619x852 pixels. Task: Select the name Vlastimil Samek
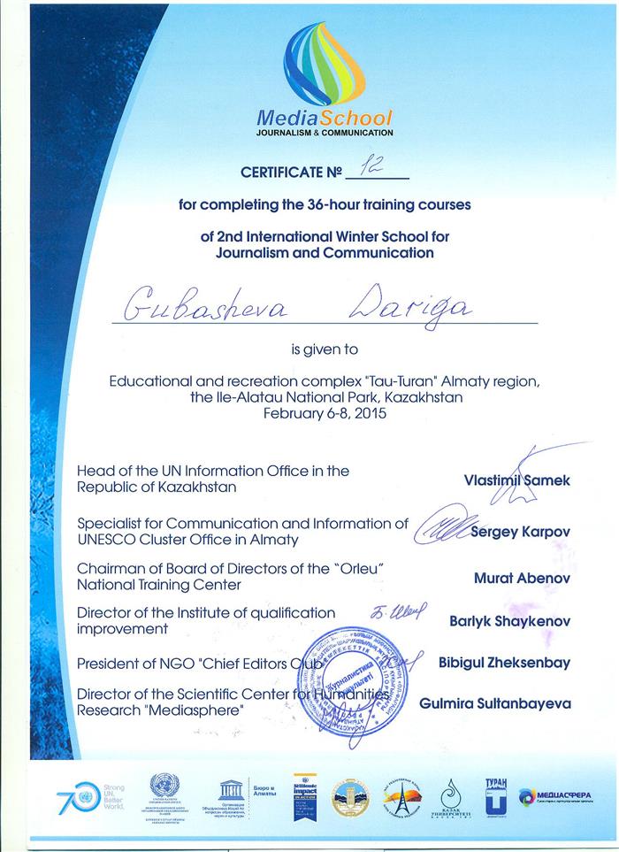click(517, 480)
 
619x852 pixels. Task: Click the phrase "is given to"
click(326, 348)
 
